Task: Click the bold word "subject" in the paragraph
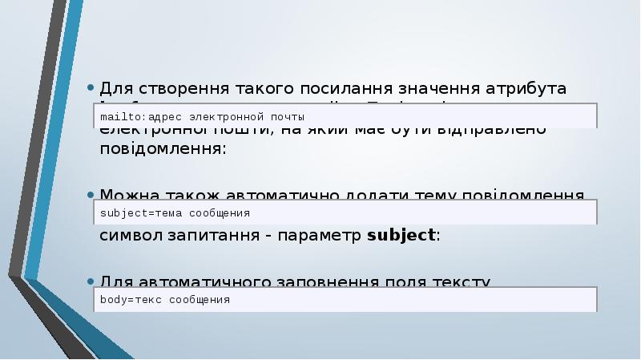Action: pyautogui.click(x=401, y=236)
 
